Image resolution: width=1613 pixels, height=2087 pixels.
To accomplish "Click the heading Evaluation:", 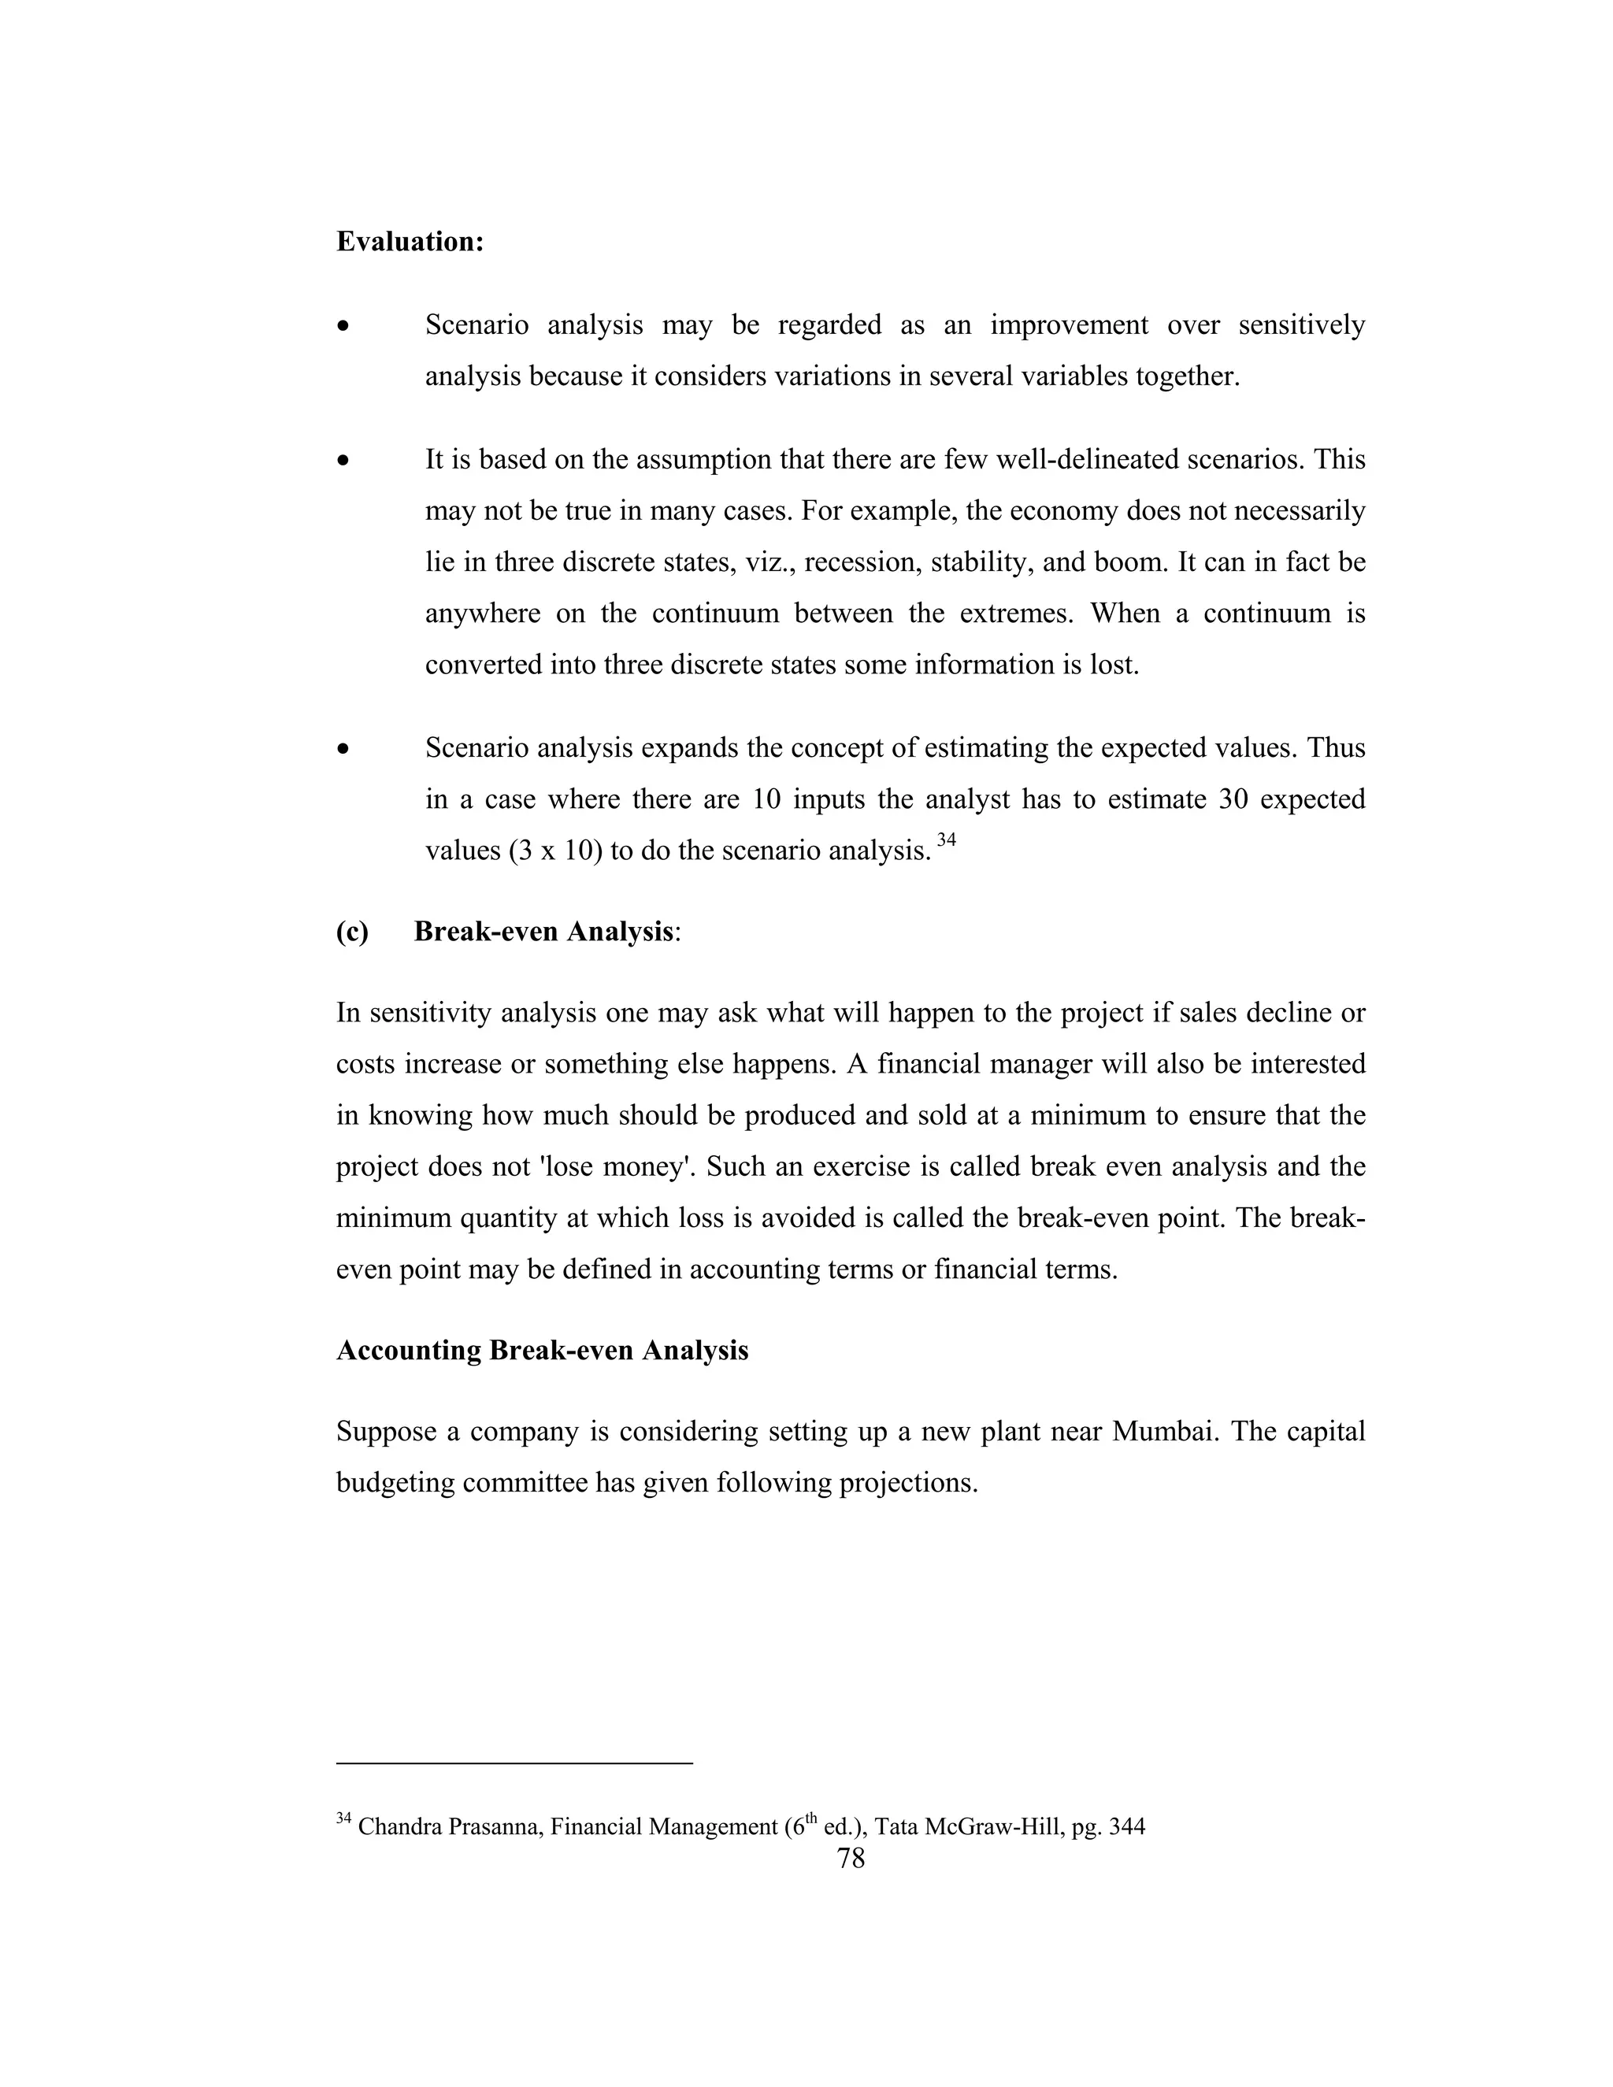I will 410,242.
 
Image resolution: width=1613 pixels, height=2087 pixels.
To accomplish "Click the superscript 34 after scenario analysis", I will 946,840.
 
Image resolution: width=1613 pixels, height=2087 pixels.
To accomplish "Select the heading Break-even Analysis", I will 543,932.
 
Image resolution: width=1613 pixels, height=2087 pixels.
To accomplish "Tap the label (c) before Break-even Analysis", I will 351,932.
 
